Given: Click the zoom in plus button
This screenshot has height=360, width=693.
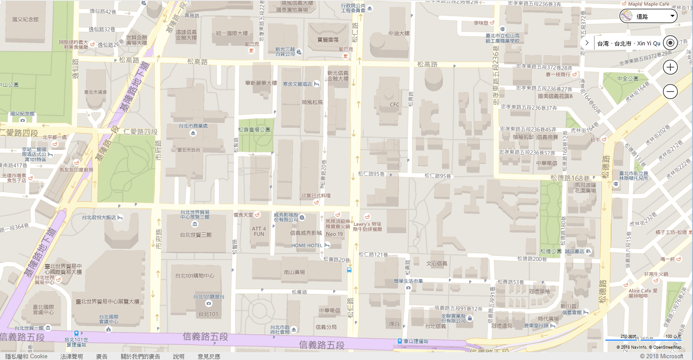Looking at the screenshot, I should [670, 67].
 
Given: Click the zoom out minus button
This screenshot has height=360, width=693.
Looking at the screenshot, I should [670, 91].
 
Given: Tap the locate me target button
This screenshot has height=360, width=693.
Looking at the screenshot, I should [670, 43].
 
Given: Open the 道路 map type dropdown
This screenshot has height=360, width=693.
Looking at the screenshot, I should [648, 17].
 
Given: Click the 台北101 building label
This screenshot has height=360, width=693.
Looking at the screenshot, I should [208, 314].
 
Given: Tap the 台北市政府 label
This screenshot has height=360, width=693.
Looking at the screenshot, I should [189, 150].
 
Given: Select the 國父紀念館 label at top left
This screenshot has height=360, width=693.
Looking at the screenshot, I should [25, 19].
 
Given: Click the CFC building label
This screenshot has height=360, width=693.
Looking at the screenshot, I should [394, 105].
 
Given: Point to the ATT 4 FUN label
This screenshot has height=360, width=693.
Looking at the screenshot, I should [259, 231].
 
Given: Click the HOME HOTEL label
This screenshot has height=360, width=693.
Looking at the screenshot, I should [307, 245].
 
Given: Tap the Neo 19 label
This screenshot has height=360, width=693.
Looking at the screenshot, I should [334, 234].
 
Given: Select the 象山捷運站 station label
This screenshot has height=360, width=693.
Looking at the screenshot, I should [416, 341].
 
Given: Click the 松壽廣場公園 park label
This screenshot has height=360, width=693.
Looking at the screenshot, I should [254, 129].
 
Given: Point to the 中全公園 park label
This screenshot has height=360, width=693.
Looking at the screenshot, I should [628, 78].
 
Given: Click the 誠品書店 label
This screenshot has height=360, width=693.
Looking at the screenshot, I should [575, 251].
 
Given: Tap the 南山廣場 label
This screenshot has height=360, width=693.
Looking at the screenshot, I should [294, 272].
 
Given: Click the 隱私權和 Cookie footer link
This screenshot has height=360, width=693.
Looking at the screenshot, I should [27, 356].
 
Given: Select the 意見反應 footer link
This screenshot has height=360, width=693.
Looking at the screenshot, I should [209, 356].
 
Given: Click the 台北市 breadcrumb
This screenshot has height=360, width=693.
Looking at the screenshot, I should [623, 44].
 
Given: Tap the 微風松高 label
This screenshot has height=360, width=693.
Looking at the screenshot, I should [312, 102].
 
